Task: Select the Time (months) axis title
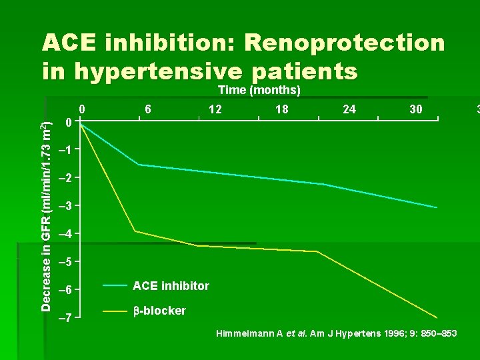[259, 90]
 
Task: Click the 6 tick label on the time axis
[148, 109]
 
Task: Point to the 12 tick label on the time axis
[215, 109]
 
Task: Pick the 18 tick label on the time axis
[282, 109]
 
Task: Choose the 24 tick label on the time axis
[349, 109]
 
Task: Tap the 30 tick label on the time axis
[416, 109]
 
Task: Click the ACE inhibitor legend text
[171, 286]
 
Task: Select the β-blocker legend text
[159, 311]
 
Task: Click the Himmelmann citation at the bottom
[336, 333]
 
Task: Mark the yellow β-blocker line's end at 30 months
[437, 317]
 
